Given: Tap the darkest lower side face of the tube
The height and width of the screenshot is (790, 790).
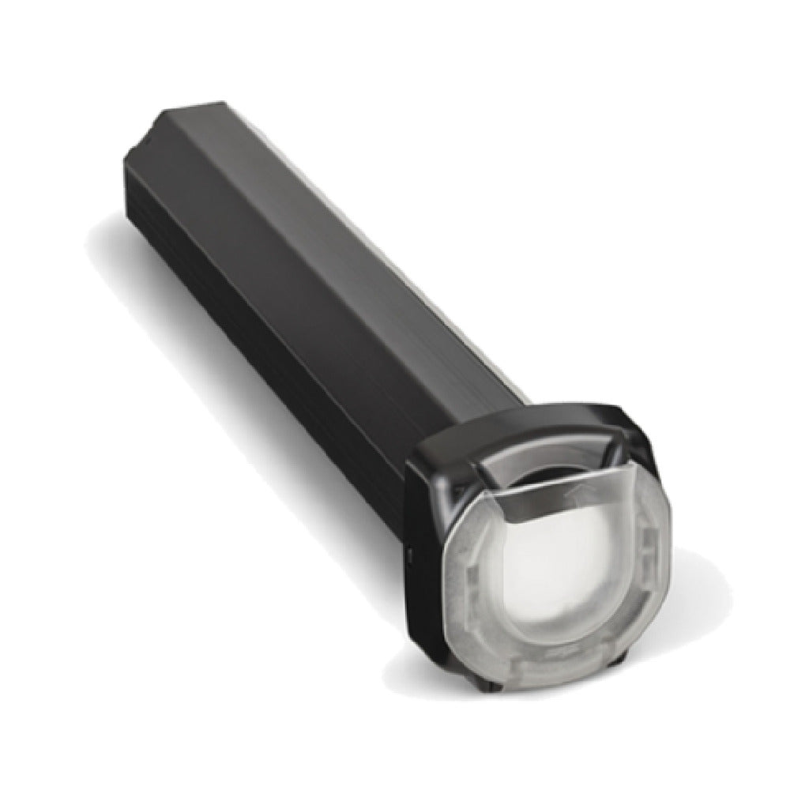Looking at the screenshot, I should tap(261, 316).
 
